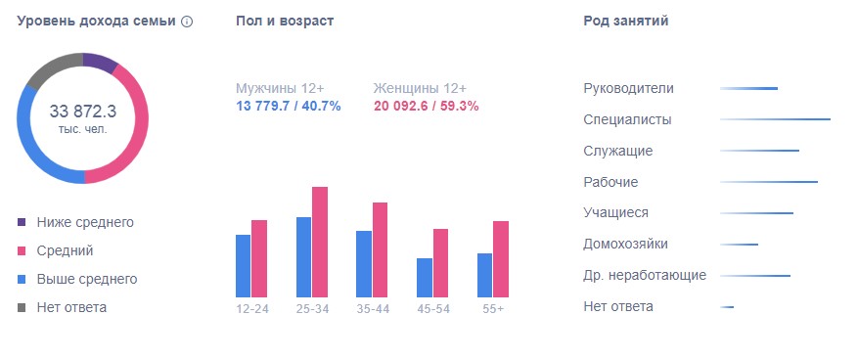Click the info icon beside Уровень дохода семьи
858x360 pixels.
(x=187, y=22)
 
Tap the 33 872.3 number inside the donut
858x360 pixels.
(x=83, y=111)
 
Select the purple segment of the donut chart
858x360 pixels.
(x=100, y=64)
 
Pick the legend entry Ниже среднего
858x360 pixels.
(x=84, y=222)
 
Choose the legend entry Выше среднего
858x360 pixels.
(x=86, y=279)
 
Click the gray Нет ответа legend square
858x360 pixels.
(x=23, y=307)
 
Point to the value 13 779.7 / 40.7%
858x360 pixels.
(x=289, y=106)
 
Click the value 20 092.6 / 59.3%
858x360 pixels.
(x=425, y=106)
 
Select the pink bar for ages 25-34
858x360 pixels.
(x=320, y=242)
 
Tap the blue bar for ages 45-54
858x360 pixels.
(x=424, y=278)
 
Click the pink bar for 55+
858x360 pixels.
(x=501, y=259)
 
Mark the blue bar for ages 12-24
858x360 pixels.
(x=244, y=266)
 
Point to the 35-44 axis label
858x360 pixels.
(x=373, y=309)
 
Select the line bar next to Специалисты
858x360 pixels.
(x=775, y=119)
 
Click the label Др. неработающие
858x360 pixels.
(x=644, y=275)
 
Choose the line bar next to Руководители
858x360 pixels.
(x=748, y=89)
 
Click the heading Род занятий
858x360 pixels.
(x=625, y=22)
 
